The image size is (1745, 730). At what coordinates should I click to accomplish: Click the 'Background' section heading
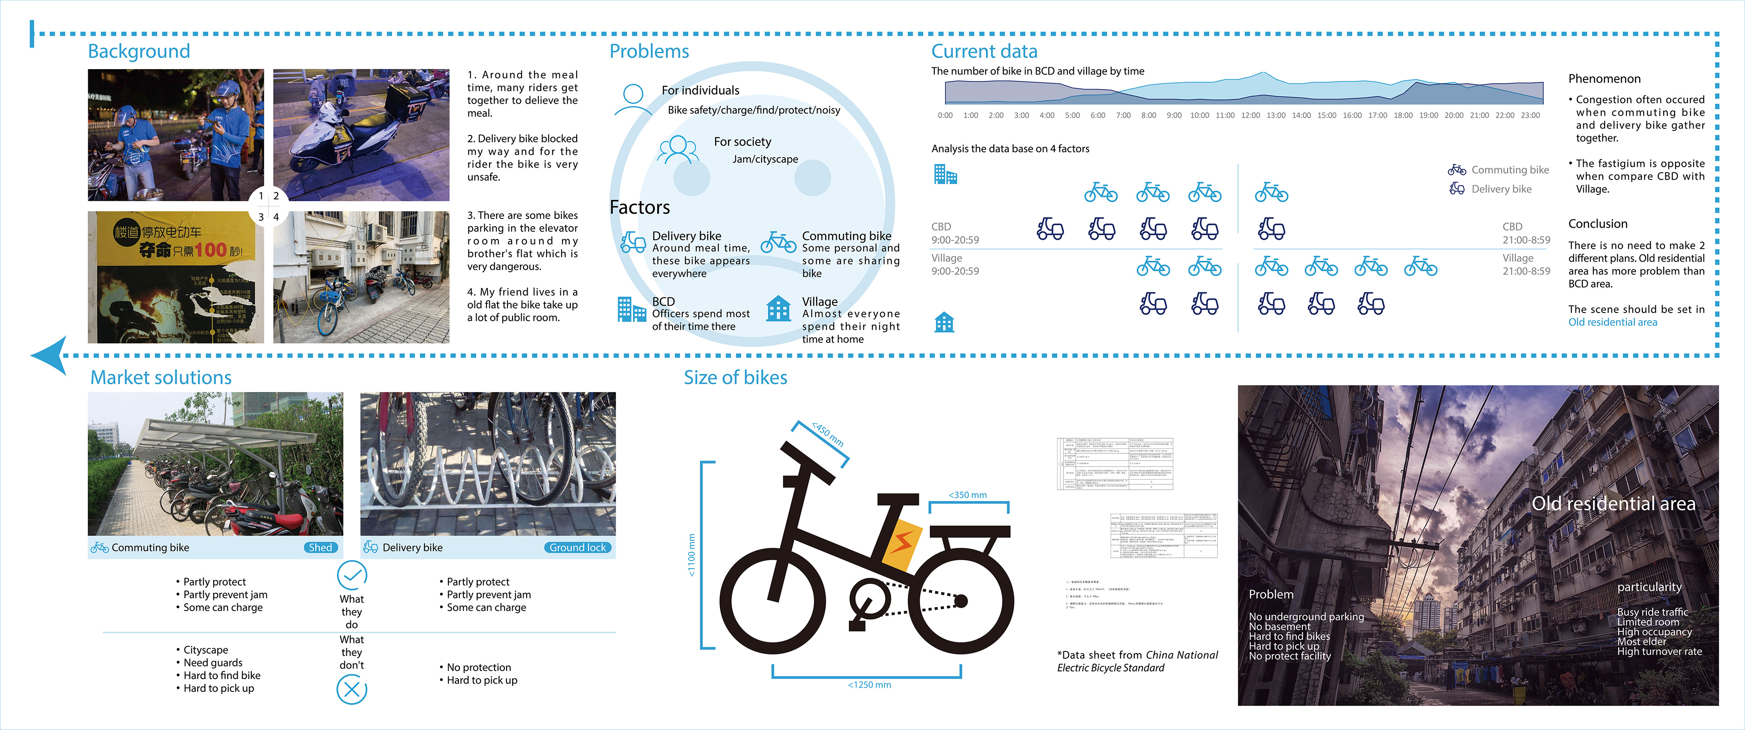(x=139, y=51)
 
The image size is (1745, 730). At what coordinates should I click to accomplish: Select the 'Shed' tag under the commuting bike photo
(x=320, y=547)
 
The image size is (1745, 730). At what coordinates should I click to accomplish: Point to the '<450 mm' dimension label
(x=828, y=434)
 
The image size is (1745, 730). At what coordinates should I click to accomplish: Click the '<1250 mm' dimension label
(x=869, y=685)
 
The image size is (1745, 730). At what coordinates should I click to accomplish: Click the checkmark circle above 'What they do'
(x=352, y=576)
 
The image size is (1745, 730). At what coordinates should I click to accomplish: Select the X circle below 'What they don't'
(x=352, y=690)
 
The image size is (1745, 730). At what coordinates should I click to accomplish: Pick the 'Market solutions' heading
(x=161, y=377)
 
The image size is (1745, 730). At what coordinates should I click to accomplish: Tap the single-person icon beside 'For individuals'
(x=633, y=99)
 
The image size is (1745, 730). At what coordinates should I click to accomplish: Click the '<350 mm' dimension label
(x=967, y=495)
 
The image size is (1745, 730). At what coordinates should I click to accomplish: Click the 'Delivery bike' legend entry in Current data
(x=1501, y=189)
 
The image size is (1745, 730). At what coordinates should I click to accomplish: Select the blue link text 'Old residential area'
(x=1612, y=323)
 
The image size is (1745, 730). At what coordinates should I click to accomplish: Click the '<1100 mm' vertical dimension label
(x=691, y=555)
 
